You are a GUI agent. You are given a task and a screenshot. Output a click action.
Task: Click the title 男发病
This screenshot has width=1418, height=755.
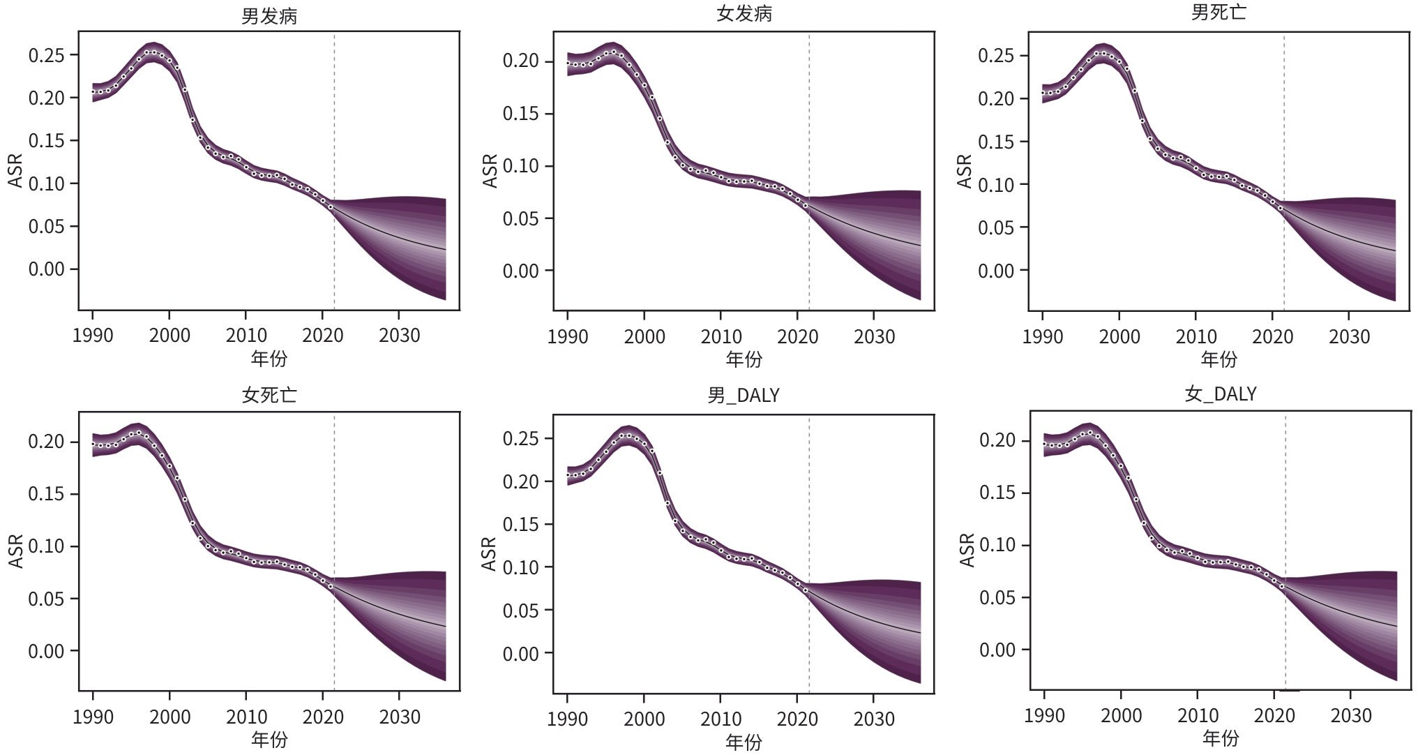tap(269, 15)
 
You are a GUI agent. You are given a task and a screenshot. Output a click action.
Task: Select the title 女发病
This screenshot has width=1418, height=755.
tap(744, 14)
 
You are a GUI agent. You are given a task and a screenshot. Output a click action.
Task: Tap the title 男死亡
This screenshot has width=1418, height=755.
tap(1219, 13)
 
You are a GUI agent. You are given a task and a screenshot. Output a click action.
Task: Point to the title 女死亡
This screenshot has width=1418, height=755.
tap(269, 395)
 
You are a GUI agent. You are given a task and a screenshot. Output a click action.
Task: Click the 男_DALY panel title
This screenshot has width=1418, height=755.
tap(744, 396)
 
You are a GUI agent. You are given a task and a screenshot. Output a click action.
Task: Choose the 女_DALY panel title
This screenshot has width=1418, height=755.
tap(1220, 394)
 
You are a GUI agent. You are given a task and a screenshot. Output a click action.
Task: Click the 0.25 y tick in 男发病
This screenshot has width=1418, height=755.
tap(47, 55)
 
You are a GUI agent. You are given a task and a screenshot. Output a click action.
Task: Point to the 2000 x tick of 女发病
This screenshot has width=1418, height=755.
tap(644, 337)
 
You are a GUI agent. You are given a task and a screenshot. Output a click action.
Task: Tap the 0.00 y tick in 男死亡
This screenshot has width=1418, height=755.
tap(996, 271)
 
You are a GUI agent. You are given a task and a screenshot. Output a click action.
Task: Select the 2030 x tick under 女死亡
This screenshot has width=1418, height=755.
tap(400, 717)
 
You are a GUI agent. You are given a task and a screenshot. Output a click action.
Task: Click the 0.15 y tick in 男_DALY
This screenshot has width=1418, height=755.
tap(521, 525)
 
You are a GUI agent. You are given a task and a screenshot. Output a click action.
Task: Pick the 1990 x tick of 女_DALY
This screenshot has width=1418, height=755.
tap(1044, 716)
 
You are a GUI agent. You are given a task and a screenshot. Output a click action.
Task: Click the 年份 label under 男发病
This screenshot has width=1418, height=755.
tap(269, 359)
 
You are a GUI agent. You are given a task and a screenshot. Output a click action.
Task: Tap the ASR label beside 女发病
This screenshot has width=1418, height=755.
tap(490, 171)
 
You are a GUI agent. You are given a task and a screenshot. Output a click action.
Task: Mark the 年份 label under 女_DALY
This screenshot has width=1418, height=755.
tap(1220, 738)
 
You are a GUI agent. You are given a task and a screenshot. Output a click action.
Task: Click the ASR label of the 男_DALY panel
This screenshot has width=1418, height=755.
tap(489, 554)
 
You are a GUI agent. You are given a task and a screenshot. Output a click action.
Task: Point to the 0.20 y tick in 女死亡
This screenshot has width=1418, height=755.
tap(47, 442)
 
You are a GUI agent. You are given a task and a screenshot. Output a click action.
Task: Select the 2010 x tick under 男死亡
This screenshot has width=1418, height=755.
tap(1196, 337)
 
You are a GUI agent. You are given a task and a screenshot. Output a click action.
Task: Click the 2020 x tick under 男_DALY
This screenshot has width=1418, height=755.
tap(797, 719)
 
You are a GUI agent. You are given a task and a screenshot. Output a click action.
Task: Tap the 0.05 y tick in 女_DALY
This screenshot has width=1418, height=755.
tap(997, 597)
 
